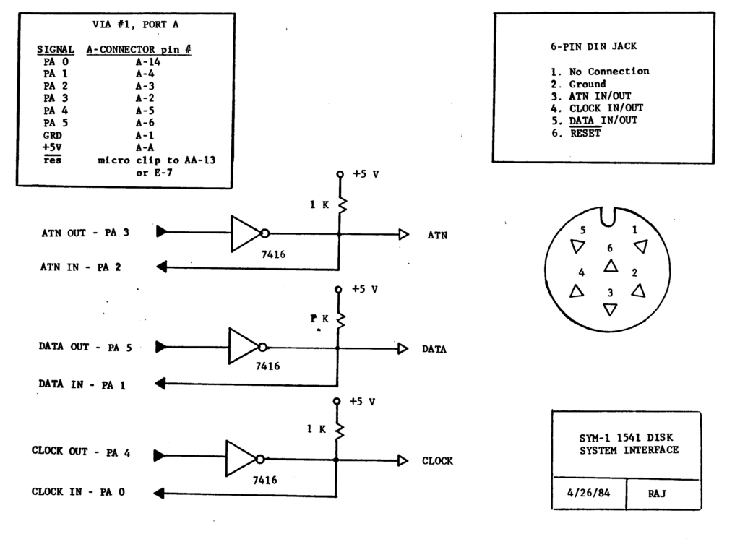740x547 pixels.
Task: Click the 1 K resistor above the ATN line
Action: (342, 204)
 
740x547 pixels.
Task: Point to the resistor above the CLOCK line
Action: (340, 430)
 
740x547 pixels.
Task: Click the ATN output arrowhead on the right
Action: (404, 234)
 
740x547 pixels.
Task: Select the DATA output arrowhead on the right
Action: (403, 349)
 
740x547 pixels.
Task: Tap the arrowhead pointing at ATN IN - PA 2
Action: (161, 267)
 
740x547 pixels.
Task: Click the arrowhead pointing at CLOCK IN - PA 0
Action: (159, 494)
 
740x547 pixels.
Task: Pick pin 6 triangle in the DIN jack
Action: (611, 266)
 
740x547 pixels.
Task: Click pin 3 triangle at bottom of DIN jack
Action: (610, 309)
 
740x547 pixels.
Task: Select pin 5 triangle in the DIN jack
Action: (577, 246)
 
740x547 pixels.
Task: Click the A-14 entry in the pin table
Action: (148, 62)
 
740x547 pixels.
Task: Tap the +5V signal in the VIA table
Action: (52, 147)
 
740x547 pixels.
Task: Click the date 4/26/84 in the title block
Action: (588, 494)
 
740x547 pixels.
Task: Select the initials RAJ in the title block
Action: (657, 494)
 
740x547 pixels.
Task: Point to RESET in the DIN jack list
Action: (585, 133)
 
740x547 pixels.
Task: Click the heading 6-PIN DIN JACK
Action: (594, 46)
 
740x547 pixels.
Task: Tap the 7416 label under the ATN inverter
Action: (273, 254)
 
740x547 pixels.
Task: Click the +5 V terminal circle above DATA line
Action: (338, 289)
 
